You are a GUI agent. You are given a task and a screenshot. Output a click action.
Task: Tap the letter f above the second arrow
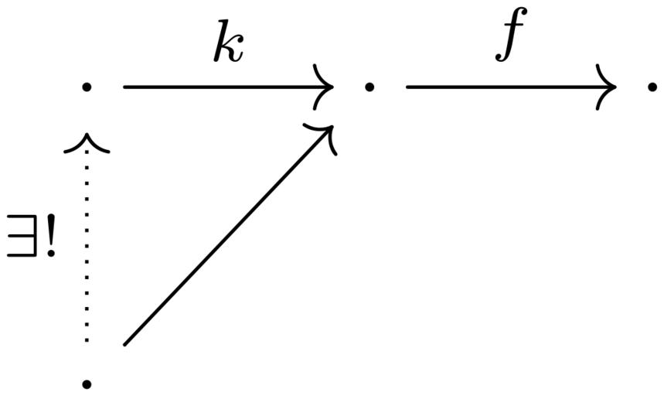point(510,35)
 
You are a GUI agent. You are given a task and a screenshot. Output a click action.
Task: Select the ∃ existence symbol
point(21,236)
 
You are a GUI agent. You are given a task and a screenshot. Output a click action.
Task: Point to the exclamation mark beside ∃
point(51,236)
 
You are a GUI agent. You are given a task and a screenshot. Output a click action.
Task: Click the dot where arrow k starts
point(87,87)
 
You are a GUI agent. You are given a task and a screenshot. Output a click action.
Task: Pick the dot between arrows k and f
point(369,87)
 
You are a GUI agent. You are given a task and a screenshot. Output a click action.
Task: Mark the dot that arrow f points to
point(652,87)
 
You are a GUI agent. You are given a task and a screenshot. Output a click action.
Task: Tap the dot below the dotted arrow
point(87,384)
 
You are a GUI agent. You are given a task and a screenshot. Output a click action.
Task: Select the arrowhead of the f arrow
point(606,87)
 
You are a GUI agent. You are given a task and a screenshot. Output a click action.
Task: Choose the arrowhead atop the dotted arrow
point(87,143)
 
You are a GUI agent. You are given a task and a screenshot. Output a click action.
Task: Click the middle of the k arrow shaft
point(228,87)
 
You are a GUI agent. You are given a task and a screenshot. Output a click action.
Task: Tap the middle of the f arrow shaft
point(511,87)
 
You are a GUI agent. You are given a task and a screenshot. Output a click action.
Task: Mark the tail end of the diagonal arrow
point(124,345)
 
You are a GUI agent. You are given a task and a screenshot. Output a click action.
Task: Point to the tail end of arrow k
point(124,87)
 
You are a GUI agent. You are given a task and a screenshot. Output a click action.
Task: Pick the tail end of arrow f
point(407,87)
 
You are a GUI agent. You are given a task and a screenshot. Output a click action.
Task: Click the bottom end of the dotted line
point(87,340)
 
